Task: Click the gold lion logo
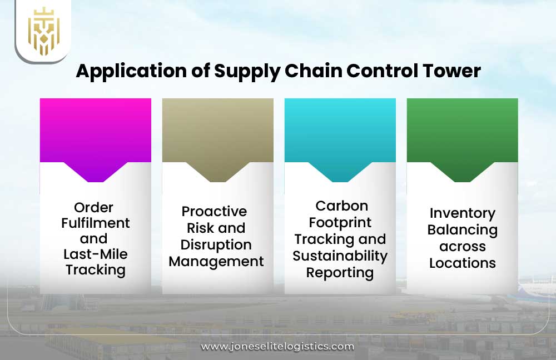(x=43, y=31)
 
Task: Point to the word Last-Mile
(x=95, y=254)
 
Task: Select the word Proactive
(x=214, y=212)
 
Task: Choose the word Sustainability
(x=340, y=256)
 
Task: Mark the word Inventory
(x=462, y=213)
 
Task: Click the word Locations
(x=462, y=263)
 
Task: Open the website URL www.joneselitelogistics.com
(x=277, y=346)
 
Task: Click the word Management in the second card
(x=216, y=261)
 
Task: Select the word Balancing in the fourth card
(x=462, y=229)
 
